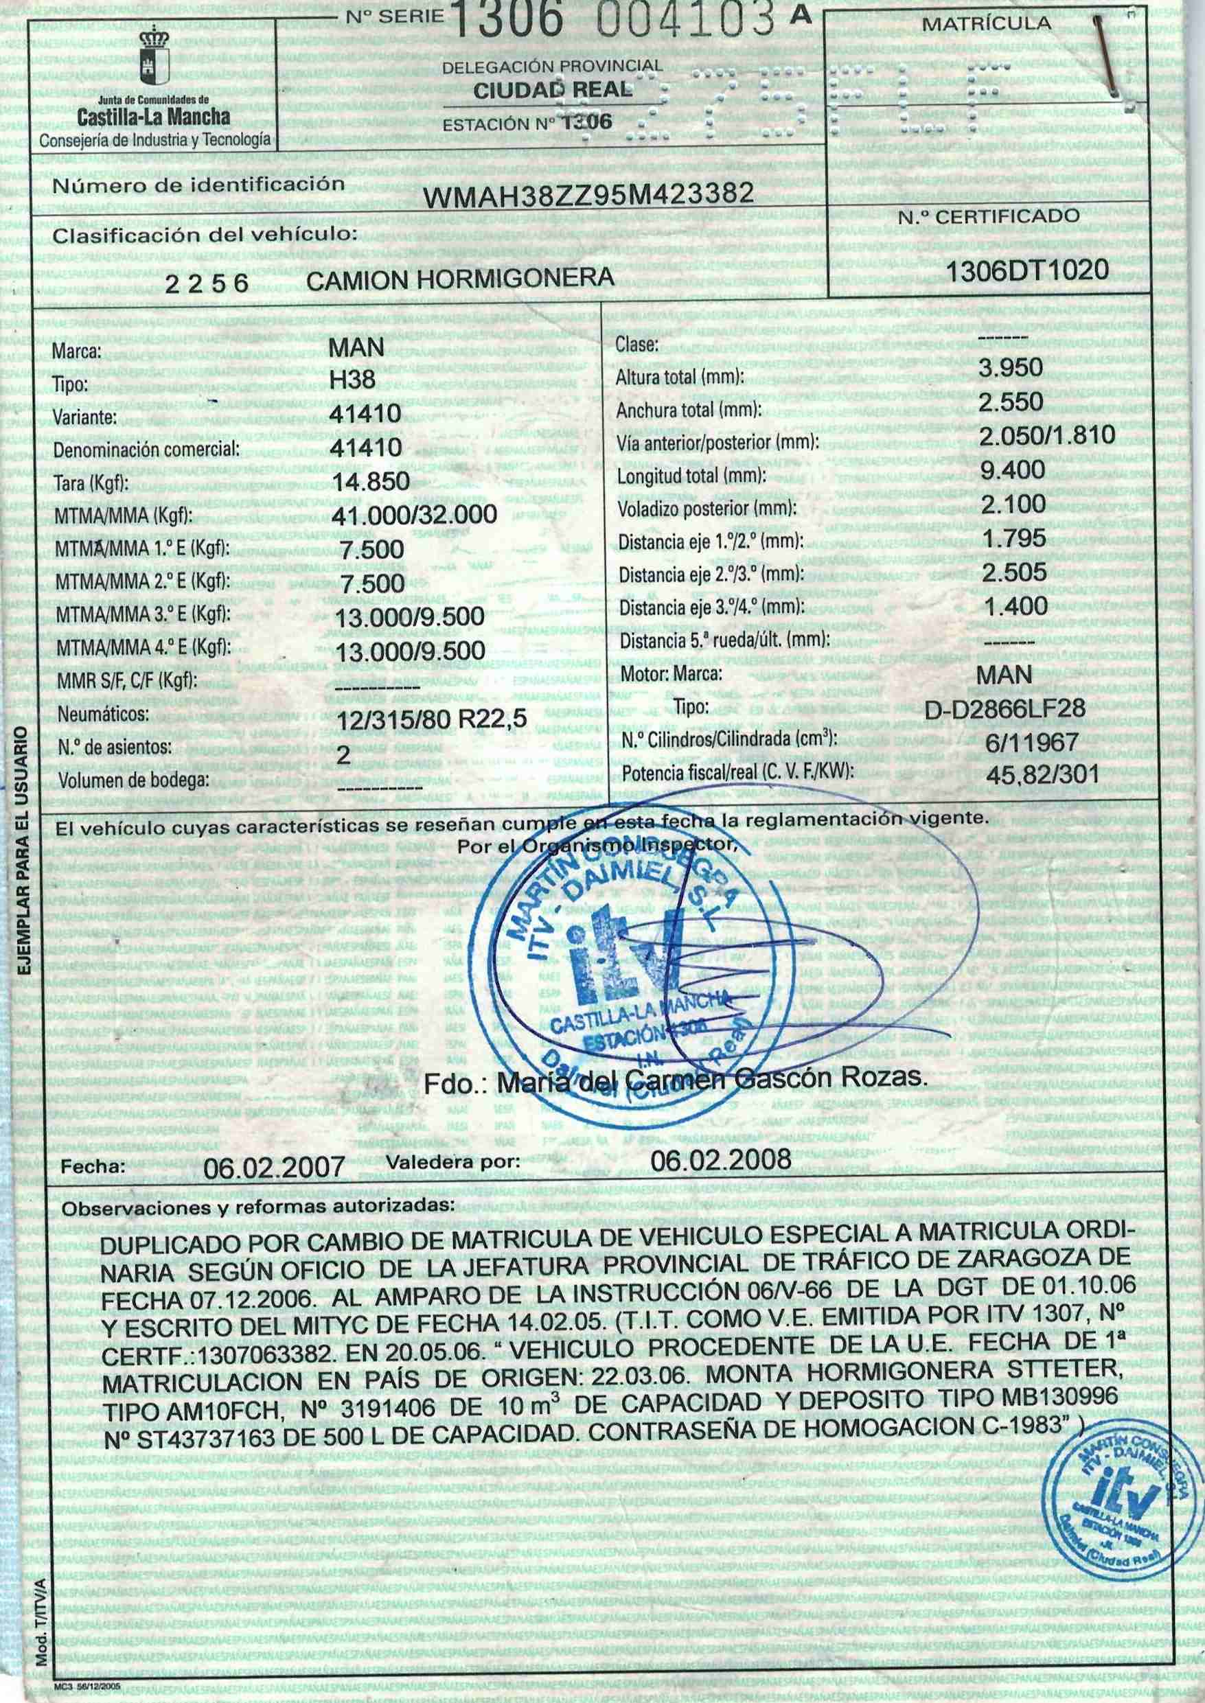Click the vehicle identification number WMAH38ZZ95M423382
[x=588, y=195]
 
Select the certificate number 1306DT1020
[x=1028, y=269]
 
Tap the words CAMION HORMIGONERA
[x=460, y=278]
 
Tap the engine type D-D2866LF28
[x=1005, y=708]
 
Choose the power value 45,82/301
[x=1042, y=775]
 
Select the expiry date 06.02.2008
[x=720, y=1159]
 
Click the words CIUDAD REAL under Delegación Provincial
[x=553, y=91]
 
